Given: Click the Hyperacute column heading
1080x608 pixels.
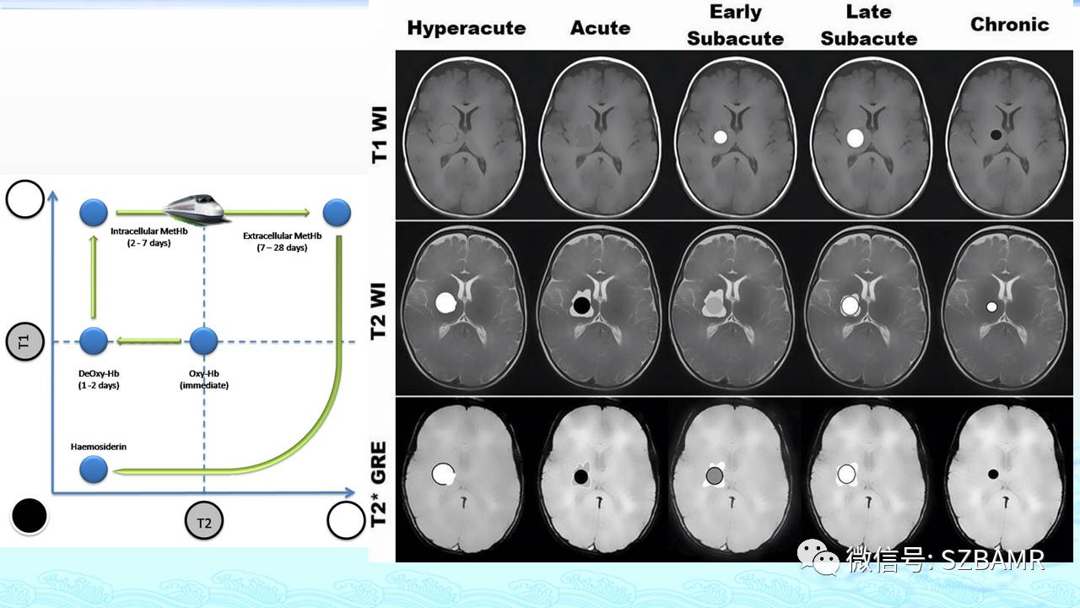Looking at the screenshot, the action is [x=467, y=28].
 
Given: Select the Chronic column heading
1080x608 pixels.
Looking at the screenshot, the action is [x=1010, y=24].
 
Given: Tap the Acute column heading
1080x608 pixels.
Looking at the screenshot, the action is [x=600, y=28].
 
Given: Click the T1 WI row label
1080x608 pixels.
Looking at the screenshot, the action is [x=380, y=134].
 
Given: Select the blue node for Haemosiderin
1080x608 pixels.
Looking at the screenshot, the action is [x=94, y=469].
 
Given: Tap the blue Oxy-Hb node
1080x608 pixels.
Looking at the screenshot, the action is [x=204, y=341].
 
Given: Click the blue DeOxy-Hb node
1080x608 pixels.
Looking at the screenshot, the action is [x=94, y=341].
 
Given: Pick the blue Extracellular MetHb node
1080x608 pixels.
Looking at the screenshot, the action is [x=337, y=213].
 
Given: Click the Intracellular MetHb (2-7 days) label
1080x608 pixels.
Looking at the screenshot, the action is [x=149, y=237].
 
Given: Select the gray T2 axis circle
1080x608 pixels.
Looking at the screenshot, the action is [x=204, y=521].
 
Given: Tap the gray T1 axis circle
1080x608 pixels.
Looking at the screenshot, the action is [x=25, y=342].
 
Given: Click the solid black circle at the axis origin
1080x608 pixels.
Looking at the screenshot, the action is [x=30, y=516].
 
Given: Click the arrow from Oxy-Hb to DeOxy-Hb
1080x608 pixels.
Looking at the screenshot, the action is [x=149, y=342].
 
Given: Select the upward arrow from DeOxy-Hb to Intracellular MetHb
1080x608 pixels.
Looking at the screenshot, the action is [x=94, y=277].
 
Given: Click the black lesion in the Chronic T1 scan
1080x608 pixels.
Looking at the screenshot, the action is [x=996, y=134].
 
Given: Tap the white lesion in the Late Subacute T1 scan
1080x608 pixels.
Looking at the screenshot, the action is [x=856, y=138].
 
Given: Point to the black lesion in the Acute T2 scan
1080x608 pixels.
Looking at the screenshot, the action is [x=581, y=305].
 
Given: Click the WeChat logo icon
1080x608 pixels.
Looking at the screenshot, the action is [x=818, y=558].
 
